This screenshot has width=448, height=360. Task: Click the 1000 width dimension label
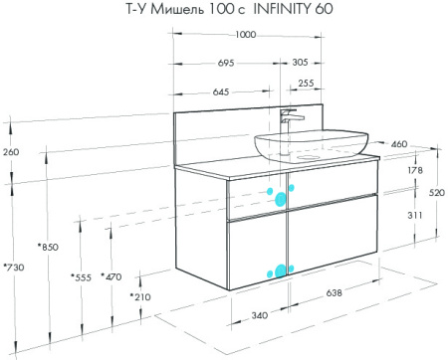(246, 35)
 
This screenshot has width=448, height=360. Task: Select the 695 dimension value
(226, 63)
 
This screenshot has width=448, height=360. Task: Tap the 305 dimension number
(300, 62)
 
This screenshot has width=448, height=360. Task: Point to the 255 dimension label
(306, 83)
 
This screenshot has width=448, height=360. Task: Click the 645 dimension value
(221, 91)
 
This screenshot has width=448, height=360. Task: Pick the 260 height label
(11, 152)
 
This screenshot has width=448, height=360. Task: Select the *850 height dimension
(48, 247)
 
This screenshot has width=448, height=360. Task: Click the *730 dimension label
(14, 267)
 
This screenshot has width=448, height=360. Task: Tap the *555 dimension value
(81, 277)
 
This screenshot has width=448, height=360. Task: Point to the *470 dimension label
(112, 276)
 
